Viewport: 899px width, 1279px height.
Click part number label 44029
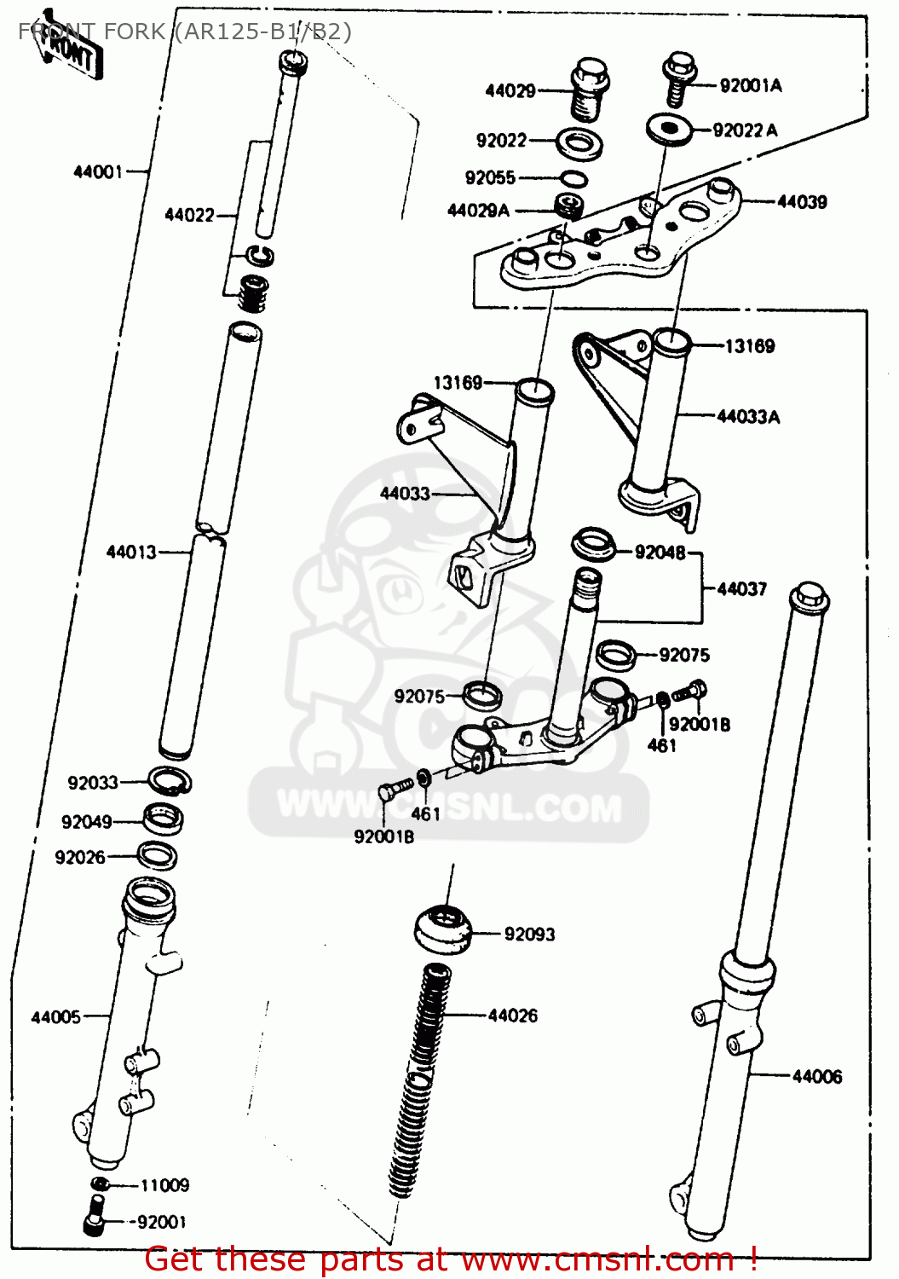click(x=510, y=90)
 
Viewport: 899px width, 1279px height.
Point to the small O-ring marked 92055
click(x=573, y=178)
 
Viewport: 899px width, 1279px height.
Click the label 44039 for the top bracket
click(x=802, y=202)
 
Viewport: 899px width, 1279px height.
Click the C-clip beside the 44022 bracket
click(x=259, y=255)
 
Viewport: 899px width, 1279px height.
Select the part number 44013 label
click(x=131, y=552)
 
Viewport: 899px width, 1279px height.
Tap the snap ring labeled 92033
click(x=170, y=780)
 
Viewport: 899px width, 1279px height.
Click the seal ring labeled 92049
click(x=164, y=819)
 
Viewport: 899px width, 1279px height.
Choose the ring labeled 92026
click(x=157, y=855)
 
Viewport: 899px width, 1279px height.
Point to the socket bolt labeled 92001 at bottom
click(x=95, y=1216)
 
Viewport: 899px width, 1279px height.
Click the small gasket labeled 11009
click(x=100, y=1184)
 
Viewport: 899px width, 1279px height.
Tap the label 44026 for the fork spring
click(x=512, y=1016)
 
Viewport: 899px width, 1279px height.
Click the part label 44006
click(x=816, y=1076)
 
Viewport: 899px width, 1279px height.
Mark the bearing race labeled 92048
click(x=594, y=544)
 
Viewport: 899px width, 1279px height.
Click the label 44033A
click(x=748, y=416)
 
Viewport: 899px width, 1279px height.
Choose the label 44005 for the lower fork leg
click(x=55, y=1016)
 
